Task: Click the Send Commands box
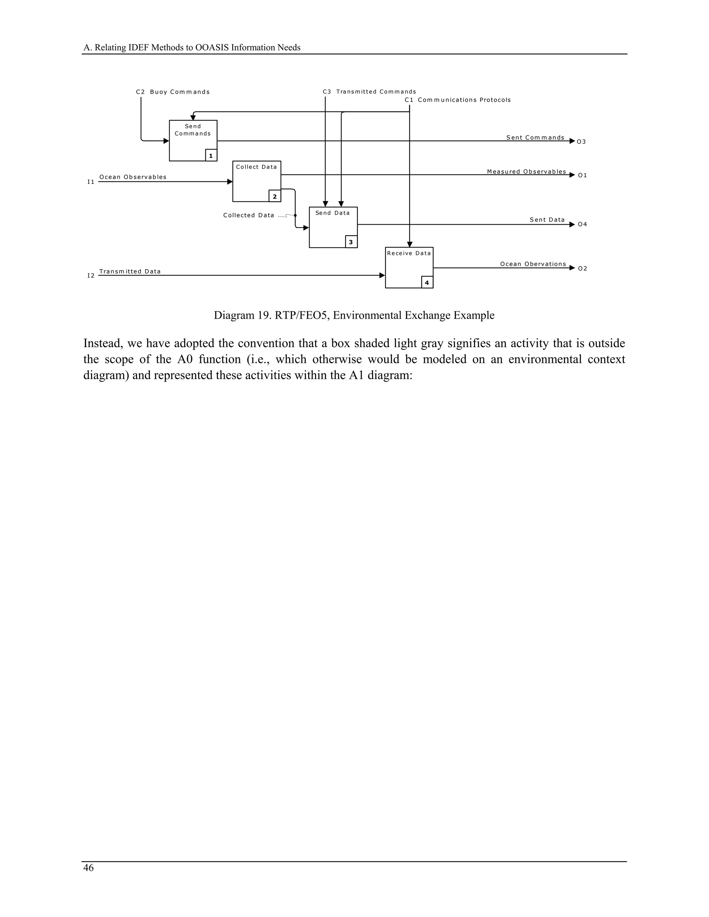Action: pyautogui.click(x=193, y=140)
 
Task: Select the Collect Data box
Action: pyautogui.click(x=256, y=181)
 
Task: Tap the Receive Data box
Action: pyautogui.click(x=409, y=267)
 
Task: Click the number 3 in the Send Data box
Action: pyautogui.click(x=351, y=242)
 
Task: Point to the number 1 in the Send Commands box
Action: pyautogui.click(x=211, y=156)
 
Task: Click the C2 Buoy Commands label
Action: pyautogui.click(x=173, y=92)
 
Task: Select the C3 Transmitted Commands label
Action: pyautogui.click(x=369, y=92)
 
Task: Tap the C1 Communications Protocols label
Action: pyautogui.click(x=457, y=100)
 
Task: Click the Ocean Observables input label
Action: pyautogui.click(x=133, y=177)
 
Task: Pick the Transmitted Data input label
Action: pyautogui.click(x=130, y=272)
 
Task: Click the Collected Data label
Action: pyautogui.click(x=249, y=215)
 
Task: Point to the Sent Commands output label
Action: pyautogui.click(x=535, y=138)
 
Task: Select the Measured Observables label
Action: pyautogui.click(x=526, y=172)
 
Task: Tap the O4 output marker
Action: pyautogui.click(x=582, y=225)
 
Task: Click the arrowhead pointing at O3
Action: pyautogui.click(x=572, y=141)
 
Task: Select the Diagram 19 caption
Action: pyautogui.click(x=354, y=315)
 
